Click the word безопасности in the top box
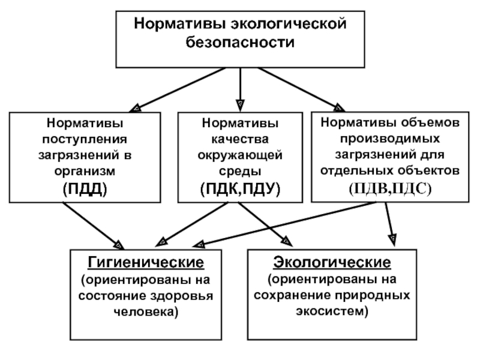pyautogui.click(x=240, y=42)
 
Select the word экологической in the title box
pyautogui.click(x=289, y=24)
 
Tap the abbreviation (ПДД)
pyautogui.click(x=85, y=189)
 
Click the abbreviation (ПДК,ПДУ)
pyautogui.click(x=241, y=189)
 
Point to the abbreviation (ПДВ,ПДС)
pyautogui.click(x=390, y=188)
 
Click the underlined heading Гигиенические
pyautogui.click(x=146, y=262)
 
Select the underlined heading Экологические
pyautogui.click(x=332, y=262)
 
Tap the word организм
pyautogui.click(x=85, y=171)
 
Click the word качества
pyautogui.click(x=240, y=139)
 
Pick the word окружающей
pyautogui.click(x=240, y=155)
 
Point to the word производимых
pyautogui.click(x=390, y=139)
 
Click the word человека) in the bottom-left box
pyautogui.click(x=146, y=312)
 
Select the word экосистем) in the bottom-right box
pyautogui.click(x=332, y=311)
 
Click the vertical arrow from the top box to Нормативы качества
pyautogui.click(x=241, y=89)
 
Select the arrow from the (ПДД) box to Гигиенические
pyautogui.click(x=94, y=226)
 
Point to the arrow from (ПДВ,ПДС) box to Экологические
pyautogui.click(x=389, y=224)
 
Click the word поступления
pyautogui.click(x=85, y=139)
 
